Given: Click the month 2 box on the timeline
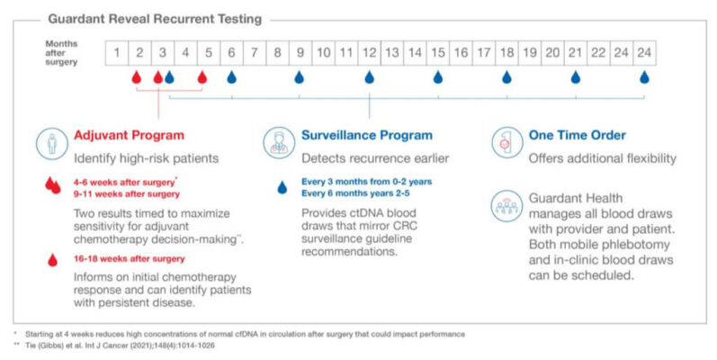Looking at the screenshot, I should pyautogui.click(x=139, y=53).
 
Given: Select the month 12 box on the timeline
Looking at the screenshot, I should pyautogui.click(x=369, y=53).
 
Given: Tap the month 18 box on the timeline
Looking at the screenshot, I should pyautogui.click(x=506, y=53).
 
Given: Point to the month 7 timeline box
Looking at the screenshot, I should pyautogui.click(x=254, y=53).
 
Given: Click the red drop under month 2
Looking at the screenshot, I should pyautogui.click(x=137, y=78).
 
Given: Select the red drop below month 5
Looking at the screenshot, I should pyautogui.click(x=202, y=78).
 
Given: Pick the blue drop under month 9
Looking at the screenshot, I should pyautogui.click(x=300, y=78).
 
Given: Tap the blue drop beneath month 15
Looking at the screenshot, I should pyautogui.click(x=438, y=78).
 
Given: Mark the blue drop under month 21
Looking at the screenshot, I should pyautogui.click(x=576, y=78).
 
